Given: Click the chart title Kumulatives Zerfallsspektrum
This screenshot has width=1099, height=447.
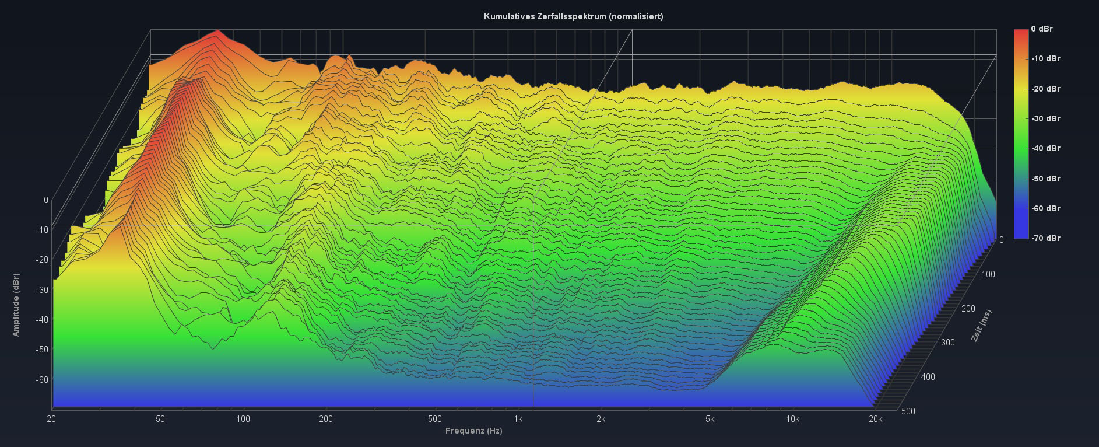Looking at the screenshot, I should pos(573,16).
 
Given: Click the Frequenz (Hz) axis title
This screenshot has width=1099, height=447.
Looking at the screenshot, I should pos(473,431).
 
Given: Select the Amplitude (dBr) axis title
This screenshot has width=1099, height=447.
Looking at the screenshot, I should pos(16,305).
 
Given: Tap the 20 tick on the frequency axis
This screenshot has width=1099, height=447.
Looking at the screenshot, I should pos(51,418).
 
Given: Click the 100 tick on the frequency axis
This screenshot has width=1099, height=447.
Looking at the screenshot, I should pos(243,418).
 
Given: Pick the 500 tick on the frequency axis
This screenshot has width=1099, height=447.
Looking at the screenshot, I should pos(434,418).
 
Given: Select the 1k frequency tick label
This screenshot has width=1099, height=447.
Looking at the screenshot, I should pos(518,418).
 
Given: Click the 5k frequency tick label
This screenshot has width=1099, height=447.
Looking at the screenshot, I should pos(710,418).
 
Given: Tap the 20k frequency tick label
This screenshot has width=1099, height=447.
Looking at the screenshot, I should pos(875,418).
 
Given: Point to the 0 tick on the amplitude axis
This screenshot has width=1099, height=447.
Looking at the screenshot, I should pos(46,200).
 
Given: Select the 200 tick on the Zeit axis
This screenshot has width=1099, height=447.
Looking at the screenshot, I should pos(968,308).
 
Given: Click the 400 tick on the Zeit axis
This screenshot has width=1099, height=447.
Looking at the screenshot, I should pos(928,377).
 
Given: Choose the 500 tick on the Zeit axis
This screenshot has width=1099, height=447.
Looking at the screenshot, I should pos(908,411).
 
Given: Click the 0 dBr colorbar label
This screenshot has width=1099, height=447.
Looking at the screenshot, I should pos(1041,29).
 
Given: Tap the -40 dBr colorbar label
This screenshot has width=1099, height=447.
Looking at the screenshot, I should pos(1045,148).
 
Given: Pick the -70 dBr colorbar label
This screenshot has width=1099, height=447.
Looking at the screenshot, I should pos(1045,238).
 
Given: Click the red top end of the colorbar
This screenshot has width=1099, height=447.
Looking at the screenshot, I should pos(1021,32).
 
